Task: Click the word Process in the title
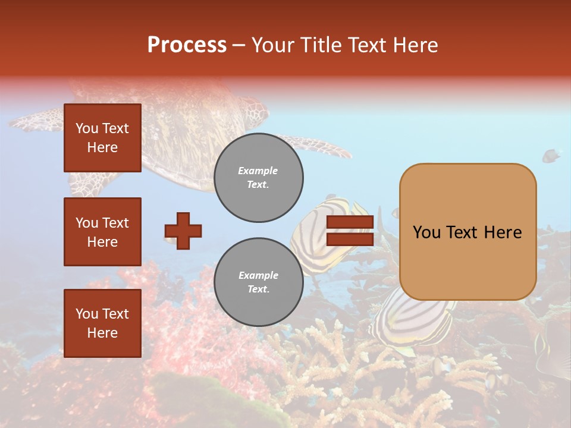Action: click(x=187, y=45)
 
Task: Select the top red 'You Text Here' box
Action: click(x=102, y=138)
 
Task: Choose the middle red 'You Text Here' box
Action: click(x=102, y=232)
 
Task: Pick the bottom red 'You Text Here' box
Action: click(x=102, y=323)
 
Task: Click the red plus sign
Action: click(x=183, y=231)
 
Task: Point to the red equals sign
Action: click(x=350, y=231)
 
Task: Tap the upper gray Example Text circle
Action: click(x=259, y=178)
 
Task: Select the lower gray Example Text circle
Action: click(x=259, y=282)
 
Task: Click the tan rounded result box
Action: click(x=468, y=231)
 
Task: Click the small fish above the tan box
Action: click(x=551, y=156)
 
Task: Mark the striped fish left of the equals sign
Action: click(x=312, y=232)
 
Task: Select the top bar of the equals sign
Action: click(x=350, y=222)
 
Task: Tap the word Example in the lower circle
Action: click(x=258, y=275)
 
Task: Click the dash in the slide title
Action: click(x=239, y=45)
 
